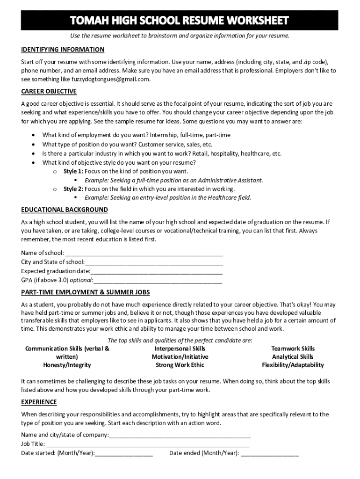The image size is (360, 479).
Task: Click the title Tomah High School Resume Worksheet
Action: tap(180, 21)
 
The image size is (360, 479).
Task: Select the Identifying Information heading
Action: tap(63, 50)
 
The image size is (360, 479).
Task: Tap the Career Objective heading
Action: tap(49, 91)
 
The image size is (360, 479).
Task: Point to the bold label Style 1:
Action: tap(73, 171)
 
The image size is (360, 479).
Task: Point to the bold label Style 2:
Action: tap(73, 189)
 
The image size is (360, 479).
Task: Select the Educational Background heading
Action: tap(65, 210)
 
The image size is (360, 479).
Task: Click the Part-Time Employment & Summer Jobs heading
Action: tap(85, 292)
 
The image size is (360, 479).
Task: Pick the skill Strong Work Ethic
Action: tap(180, 365)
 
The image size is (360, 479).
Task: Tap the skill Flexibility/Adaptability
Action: tap(293, 365)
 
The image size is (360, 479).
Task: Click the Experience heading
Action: tap(39, 402)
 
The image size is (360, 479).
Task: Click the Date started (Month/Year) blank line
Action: tap(124, 454)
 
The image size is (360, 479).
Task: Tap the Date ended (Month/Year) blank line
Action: tap(270, 454)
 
